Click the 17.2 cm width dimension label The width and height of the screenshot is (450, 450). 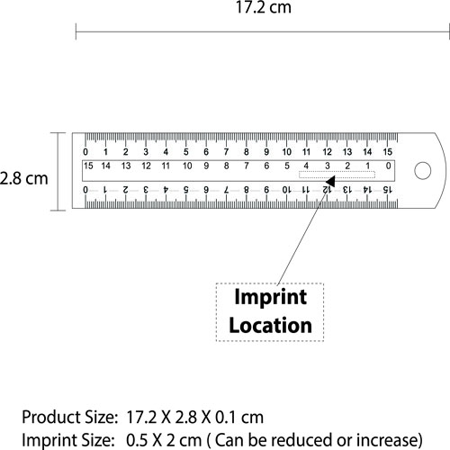pos(264,7)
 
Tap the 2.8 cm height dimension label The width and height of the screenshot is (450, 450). pos(23,178)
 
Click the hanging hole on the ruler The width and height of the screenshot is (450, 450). pos(423,171)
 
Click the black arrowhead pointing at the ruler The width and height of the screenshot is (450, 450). pos(330,182)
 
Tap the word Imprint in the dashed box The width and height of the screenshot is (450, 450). pos(270,297)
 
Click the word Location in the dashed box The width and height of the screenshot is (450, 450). pos(270,326)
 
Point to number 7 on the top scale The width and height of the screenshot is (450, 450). pos(226,152)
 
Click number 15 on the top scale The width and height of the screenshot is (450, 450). pos(388,152)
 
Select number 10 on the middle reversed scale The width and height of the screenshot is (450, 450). pos(187,166)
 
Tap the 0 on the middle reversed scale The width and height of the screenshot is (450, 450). pos(388,166)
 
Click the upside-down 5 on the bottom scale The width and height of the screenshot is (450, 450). pos(186,190)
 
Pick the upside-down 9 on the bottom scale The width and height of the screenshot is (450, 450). pos(266,190)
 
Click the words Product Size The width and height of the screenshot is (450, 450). pos(69,418)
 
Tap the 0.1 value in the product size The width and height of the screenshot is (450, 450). pos(225,418)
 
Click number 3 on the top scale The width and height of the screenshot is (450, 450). pos(146,152)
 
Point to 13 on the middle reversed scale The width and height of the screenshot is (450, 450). pos(126,166)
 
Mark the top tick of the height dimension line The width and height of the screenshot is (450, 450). pos(58,132)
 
